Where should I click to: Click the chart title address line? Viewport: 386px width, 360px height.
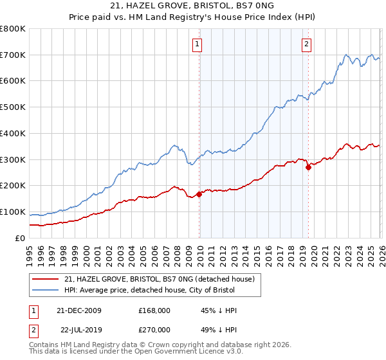(x=192, y=6)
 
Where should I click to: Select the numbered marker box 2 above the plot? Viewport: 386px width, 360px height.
(x=306, y=44)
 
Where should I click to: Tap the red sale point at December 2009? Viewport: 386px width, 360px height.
(x=199, y=194)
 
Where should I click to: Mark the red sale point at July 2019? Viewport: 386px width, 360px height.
(x=308, y=167)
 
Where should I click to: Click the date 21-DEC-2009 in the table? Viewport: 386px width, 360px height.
(x=84, y=310)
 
